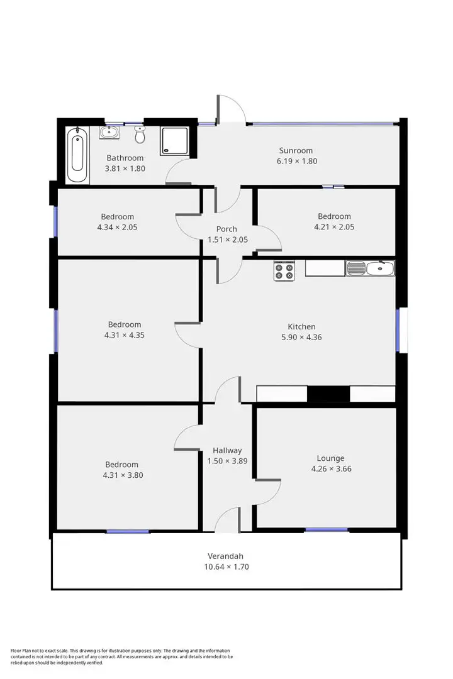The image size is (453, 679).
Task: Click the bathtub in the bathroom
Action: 78,155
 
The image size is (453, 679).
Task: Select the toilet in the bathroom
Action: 140,134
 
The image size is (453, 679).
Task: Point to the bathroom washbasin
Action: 109,132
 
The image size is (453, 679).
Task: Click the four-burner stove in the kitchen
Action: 284,271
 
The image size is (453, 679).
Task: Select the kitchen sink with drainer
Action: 370,269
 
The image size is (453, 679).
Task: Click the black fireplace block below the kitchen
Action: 328,394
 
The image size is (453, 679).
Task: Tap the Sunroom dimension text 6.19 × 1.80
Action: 296,161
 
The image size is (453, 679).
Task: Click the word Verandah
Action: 225,556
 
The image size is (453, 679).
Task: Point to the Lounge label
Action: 330,458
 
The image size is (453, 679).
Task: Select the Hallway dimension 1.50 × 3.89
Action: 227,461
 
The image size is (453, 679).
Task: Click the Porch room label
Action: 226,229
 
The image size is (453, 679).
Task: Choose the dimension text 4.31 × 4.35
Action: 125,335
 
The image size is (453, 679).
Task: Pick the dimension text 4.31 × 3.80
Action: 124,475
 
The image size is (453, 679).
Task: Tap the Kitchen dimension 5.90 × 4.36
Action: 301,337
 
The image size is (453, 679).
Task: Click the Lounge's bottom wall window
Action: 327,530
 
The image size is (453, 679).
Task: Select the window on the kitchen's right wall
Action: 398,330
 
